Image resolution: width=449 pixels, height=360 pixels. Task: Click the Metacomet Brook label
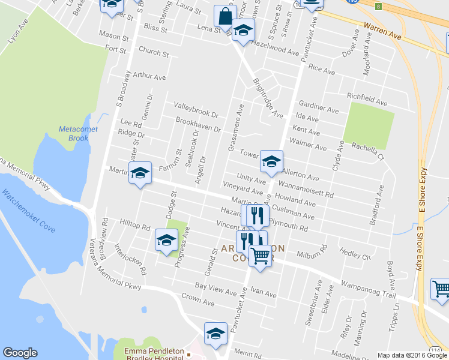[x=74, y=134]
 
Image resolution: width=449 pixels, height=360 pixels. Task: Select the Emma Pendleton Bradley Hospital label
[x=157, y=354]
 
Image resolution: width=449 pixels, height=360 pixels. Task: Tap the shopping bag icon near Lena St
[x=224, y=17]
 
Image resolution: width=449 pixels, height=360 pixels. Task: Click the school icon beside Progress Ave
[x=166, y=239]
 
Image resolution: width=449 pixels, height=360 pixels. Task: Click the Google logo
[x=20, y=353]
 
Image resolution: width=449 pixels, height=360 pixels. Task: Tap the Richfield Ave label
[x=369, y=96]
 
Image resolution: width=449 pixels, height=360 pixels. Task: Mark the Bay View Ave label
[x=215, y=290]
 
